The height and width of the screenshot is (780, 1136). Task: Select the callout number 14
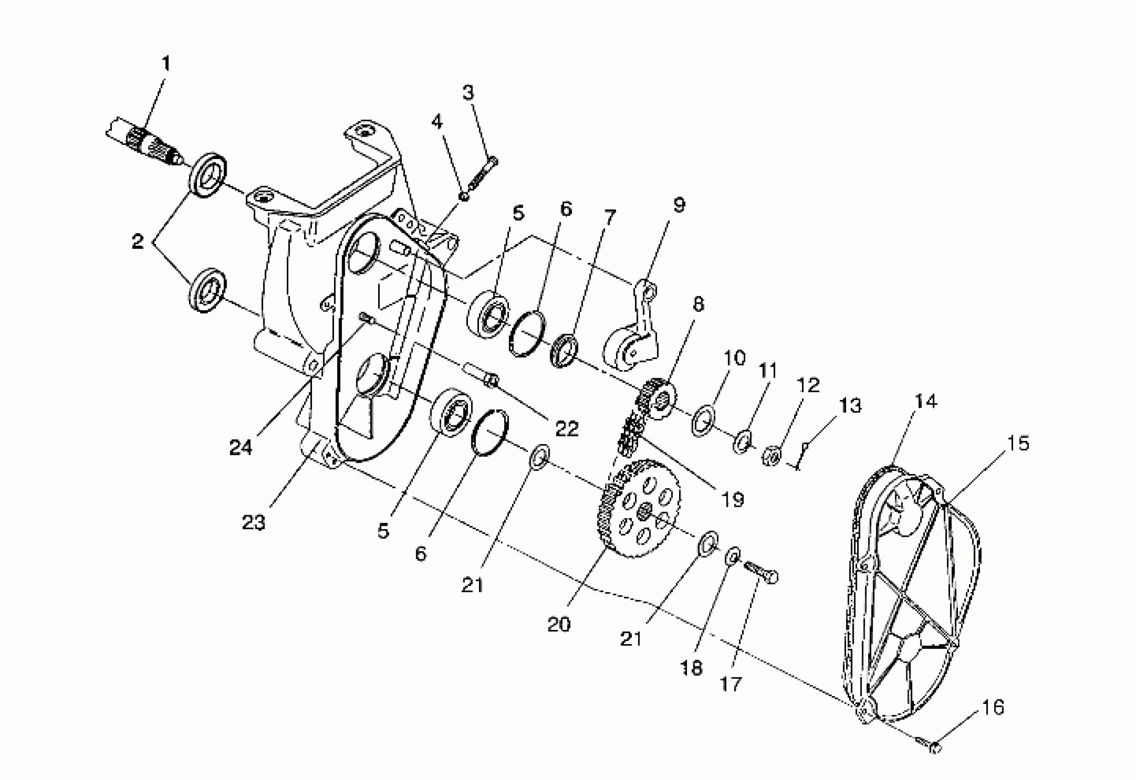point(925,402)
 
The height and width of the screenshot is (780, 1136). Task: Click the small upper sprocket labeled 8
point(658,399)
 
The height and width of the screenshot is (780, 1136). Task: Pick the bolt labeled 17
point(761,572)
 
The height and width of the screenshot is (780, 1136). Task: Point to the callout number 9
point(679,205)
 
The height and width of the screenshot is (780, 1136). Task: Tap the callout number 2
point(139,241)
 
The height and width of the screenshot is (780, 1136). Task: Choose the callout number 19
point(733,499)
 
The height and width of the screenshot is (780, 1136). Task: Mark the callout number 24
point(240,447)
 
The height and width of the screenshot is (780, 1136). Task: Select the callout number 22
point(567,429)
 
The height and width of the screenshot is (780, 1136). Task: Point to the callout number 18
point(691,668)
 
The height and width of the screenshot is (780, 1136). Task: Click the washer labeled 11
point(742,441)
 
